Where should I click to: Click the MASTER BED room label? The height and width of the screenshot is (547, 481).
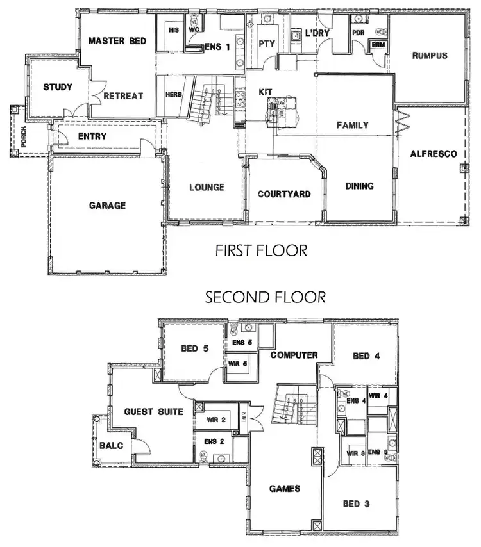click(x=117, y=41)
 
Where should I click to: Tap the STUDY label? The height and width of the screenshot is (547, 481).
click(x=58, y=87)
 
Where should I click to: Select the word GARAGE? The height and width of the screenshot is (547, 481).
click(x=107, y=206)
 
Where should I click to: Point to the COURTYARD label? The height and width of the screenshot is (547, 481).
click(x=284, y=194)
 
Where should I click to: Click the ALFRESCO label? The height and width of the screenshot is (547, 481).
click(x=434, y=154)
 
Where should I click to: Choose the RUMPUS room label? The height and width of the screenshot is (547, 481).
click(x=430, y=56)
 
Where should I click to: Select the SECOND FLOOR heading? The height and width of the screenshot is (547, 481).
click(x=265, y=297)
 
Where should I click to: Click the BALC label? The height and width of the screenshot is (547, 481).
click(x=106, y=446)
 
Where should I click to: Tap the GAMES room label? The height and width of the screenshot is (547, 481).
click(x=285, y=489)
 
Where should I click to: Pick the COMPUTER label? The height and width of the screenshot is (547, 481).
click(x=294, y=355)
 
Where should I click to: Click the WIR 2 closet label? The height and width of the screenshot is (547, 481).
click(x=215, y=420)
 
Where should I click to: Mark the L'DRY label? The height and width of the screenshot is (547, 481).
click(x=317, y=33)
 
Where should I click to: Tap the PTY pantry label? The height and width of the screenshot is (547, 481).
click(x=267, y=44)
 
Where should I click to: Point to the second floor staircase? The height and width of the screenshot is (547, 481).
click(x=287, y=405)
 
